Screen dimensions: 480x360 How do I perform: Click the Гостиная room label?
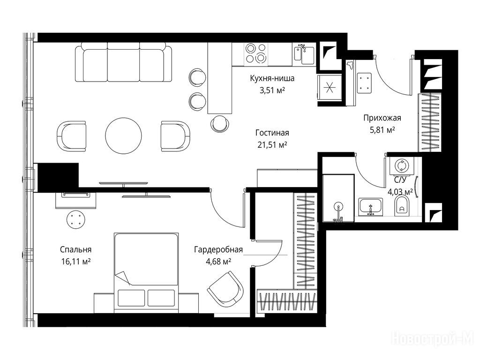tap(272, 133)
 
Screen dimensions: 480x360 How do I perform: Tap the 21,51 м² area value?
tap(272, 145)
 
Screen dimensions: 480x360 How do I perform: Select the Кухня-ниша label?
tap(272, 78)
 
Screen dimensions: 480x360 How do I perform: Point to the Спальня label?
tap(75, 250)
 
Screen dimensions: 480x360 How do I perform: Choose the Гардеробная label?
tap(218, 250)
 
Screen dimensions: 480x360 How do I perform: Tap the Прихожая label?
tap(382, 118)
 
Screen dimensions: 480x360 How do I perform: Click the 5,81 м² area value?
tap(382, 130)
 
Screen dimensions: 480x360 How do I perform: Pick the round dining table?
tap(123, 135)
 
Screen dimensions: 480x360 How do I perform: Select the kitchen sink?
tap(304, 54)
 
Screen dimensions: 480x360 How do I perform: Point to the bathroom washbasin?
tap(370, 206)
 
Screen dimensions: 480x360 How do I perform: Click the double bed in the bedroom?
tap(146, 273)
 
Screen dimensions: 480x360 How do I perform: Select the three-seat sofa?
tap(124, 62)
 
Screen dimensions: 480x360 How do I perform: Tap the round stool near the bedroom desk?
tap(75, 219)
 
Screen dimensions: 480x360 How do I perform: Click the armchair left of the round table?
tap(71, 136)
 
